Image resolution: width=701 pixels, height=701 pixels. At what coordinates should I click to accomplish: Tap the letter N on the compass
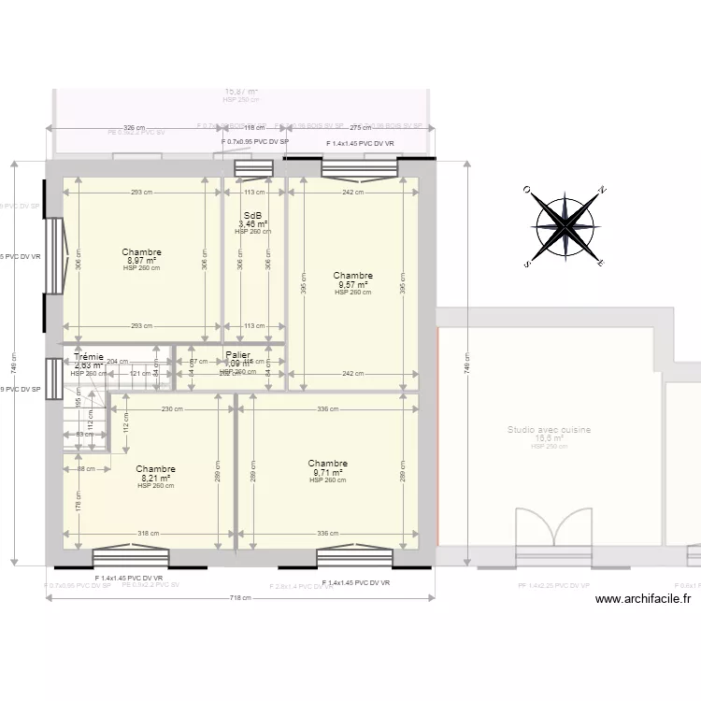point(603,190)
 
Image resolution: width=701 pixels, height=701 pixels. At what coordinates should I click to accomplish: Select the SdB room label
point(252,216)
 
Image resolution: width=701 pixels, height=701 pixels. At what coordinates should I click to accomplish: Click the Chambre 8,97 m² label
point(141,252)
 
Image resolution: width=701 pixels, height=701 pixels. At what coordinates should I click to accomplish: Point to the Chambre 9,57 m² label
point(352,276)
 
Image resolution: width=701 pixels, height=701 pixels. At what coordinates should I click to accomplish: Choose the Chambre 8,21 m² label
point(155,469)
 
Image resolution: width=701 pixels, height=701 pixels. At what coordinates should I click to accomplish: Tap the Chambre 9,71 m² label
point(327,464)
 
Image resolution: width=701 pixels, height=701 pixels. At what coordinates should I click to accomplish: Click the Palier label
point(237,355)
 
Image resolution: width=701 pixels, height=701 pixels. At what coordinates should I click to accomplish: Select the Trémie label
point(89,357)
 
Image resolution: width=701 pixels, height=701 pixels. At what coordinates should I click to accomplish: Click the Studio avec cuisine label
point(549,431)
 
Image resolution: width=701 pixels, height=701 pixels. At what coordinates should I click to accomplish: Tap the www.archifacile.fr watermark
point(642,600)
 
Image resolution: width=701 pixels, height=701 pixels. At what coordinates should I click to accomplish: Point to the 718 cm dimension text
point(241,598)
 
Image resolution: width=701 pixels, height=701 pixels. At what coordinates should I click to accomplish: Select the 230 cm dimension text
point(172,408)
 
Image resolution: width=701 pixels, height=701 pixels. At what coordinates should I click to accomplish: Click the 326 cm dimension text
point(136,128)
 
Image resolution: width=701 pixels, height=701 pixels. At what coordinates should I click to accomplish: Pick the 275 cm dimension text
point(361,128)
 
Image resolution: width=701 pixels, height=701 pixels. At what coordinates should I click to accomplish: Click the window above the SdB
point(252,168)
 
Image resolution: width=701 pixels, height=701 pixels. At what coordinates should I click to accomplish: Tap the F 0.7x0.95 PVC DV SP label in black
point(255,142)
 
